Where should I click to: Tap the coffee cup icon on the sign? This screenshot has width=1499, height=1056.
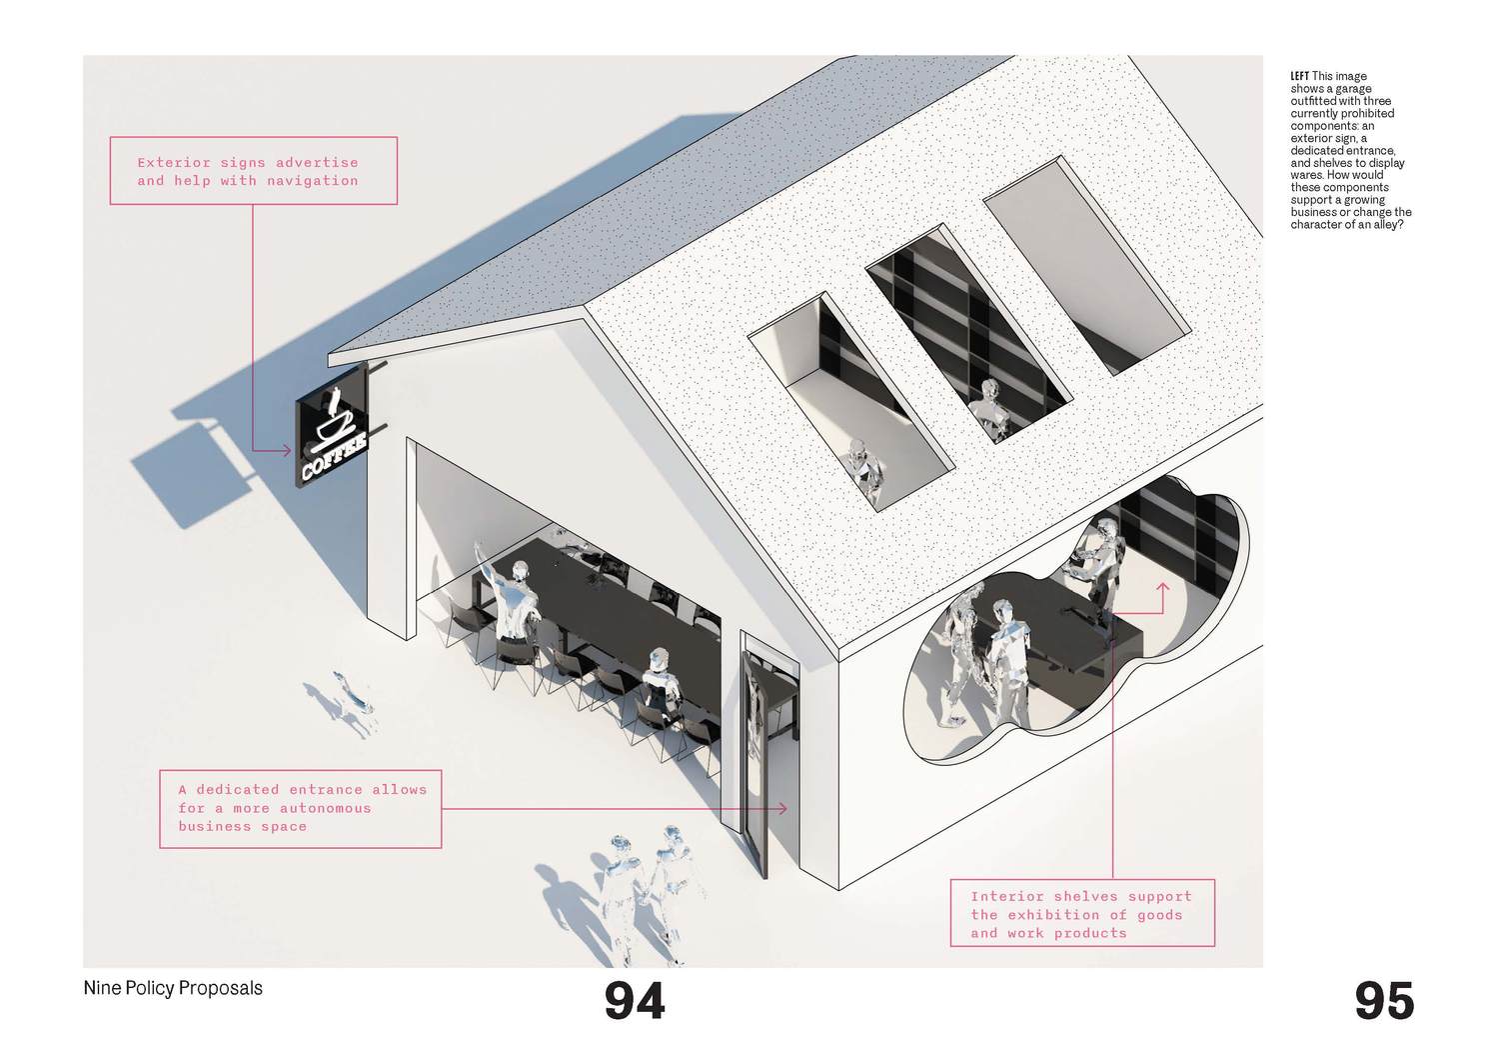(335, 420)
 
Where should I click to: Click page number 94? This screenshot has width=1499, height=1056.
(635, 1001)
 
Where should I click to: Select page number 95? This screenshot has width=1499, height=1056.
(1384, 1001)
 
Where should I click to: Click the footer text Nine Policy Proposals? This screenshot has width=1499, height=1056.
(173, 988)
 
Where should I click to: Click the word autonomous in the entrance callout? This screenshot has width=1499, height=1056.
(325, 808)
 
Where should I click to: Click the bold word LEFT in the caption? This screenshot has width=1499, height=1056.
(1299, 76)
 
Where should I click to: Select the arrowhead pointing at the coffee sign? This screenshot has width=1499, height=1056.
(287, 451)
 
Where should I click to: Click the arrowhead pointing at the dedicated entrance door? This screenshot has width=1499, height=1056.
(782, 808)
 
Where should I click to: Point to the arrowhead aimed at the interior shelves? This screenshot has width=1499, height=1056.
(1162, 586)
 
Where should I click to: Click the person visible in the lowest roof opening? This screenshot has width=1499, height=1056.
(865, 470)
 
